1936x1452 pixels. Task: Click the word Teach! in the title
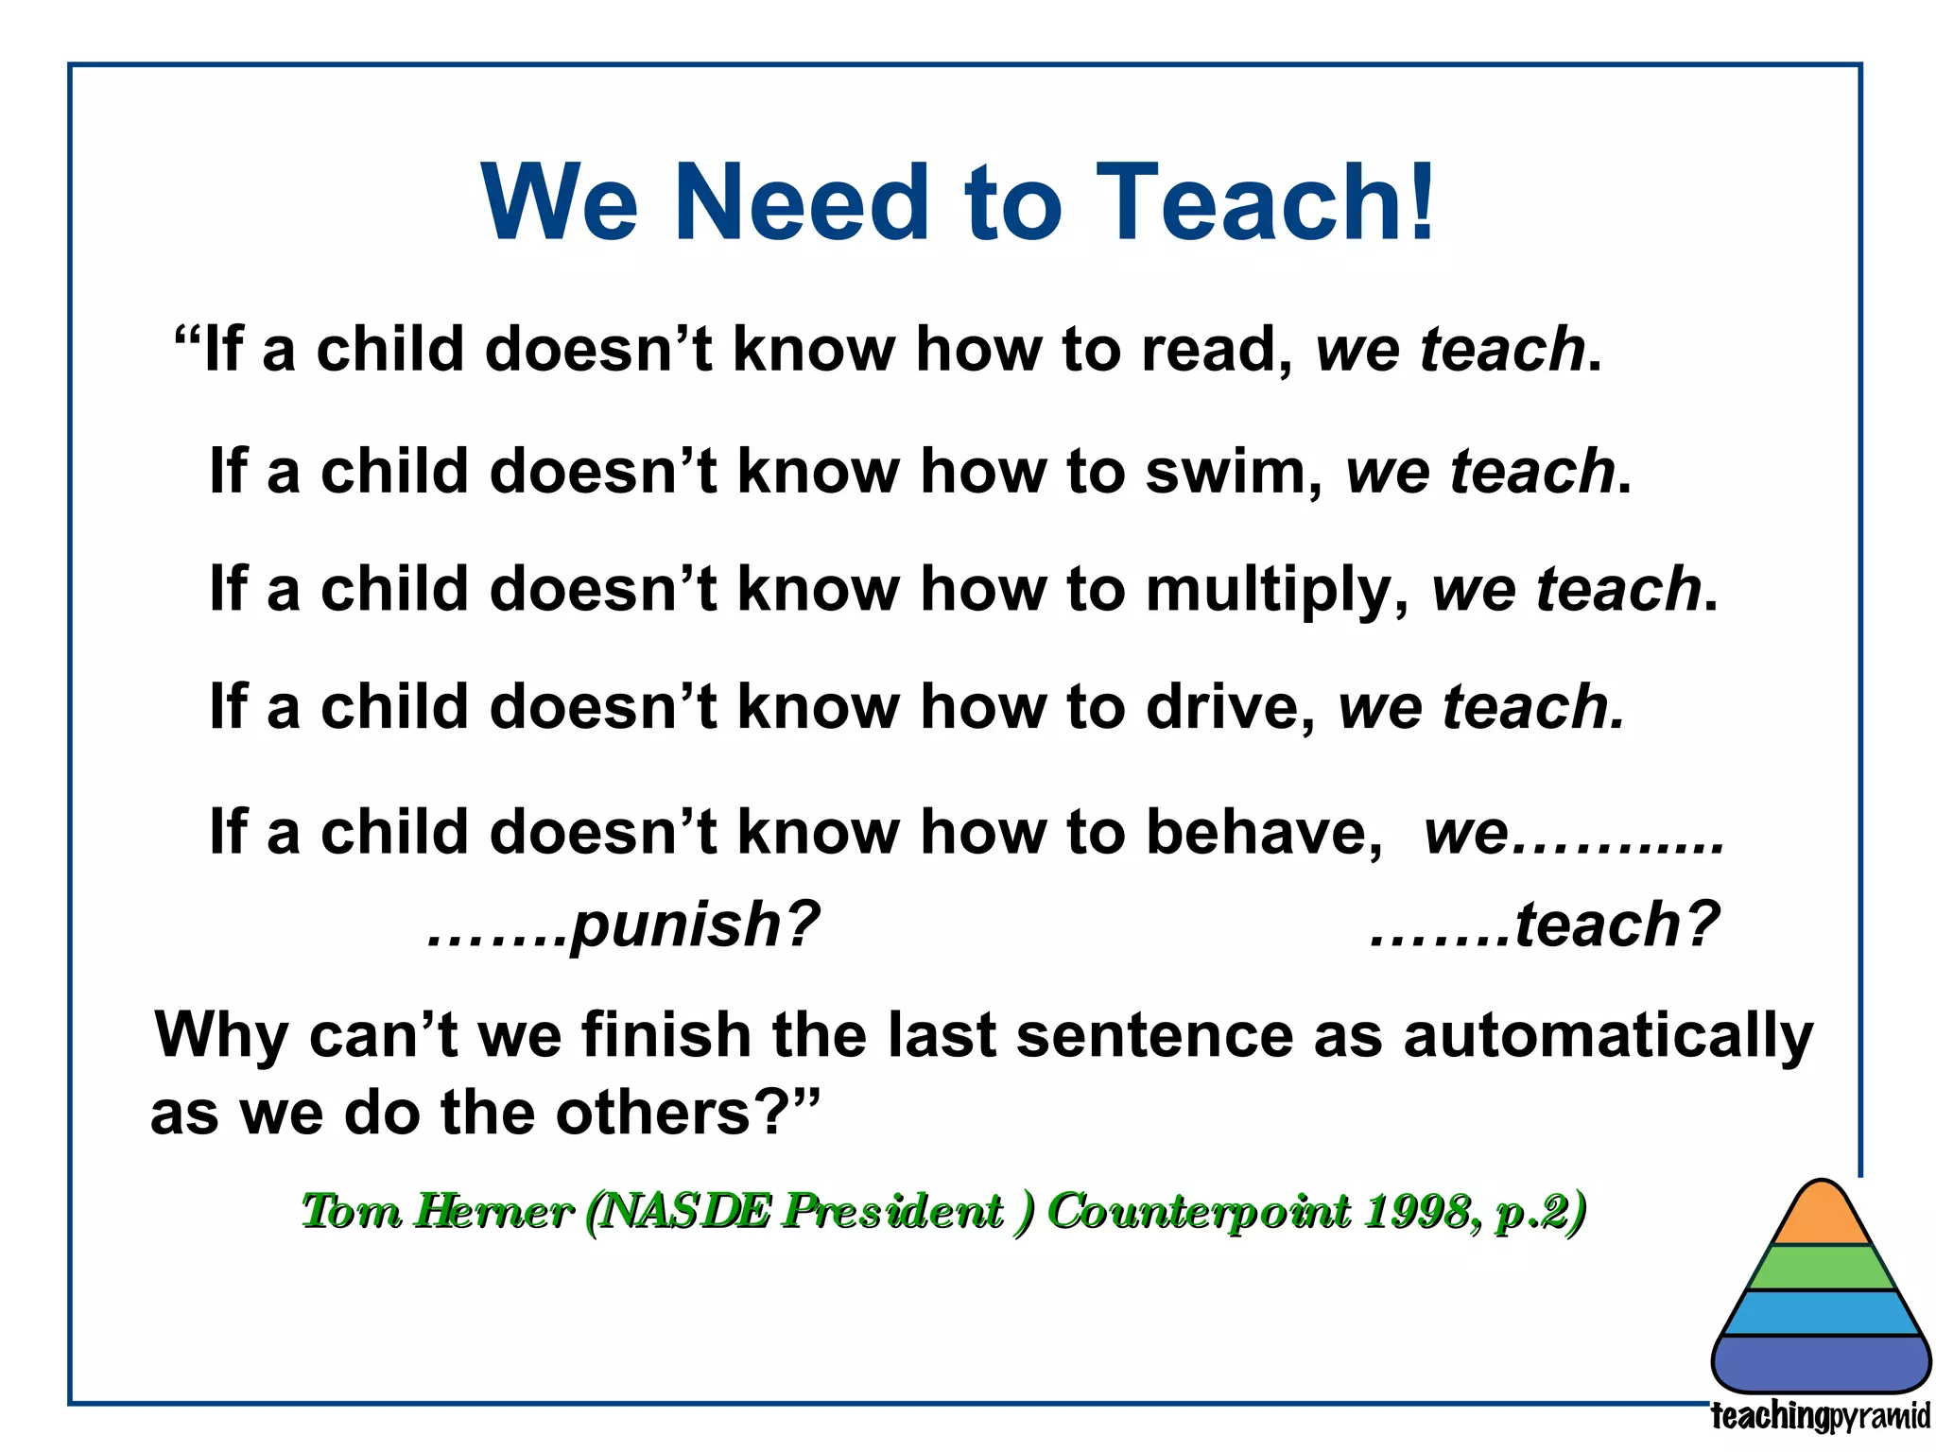pyautogui.click(x=1267, y=203)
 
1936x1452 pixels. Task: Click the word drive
pyautogui.click(x=1229, y=707)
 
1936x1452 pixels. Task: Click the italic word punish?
pyautogui.click(x=695, y=924)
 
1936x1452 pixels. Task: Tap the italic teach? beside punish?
pyautogui.click(x=1616, y=924)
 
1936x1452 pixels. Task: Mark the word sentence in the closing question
pyautogui.click(x=1153, y=1036)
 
